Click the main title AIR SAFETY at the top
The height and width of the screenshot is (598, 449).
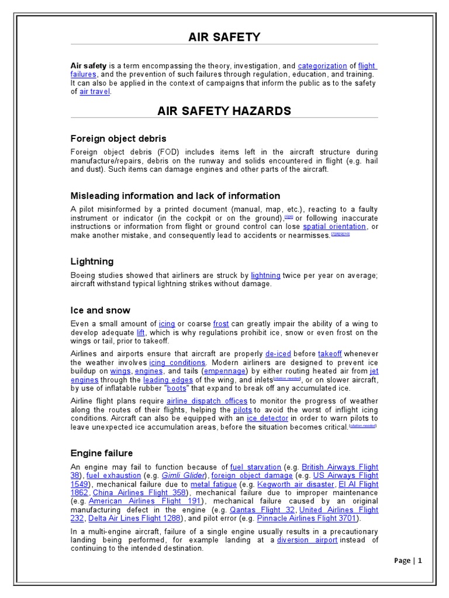pyautogui.click(x=224, y=37)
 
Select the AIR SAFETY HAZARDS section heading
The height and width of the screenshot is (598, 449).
pyautogui.click(x=224, y=111)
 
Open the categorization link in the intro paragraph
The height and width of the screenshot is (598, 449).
pyautogui.click(x=323, y=66)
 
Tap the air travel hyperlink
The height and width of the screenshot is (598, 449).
pyautogui.click(x=95, y=92)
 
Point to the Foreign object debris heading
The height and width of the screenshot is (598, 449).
pyautogui.click(x=118, y=138)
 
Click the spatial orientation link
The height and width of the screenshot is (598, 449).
pyautogui.click(x=334, y=227)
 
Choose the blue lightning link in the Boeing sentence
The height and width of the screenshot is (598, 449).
pyautogui.click(x=265, y=275)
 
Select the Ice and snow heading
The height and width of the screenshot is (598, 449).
pyautogui.click(x=100, y=310)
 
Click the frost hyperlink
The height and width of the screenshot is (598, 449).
pyautogui.click(x=221, y=324)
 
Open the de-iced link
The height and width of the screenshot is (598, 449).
pyautogui.click(x=278, y=354)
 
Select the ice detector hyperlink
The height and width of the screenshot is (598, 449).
pyautogui.click(x=267, y=419)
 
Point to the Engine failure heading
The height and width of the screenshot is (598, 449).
pyautogui.click(x=101, y=453)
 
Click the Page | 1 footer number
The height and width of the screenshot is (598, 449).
pyautogui.click(x=407, y=561)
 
